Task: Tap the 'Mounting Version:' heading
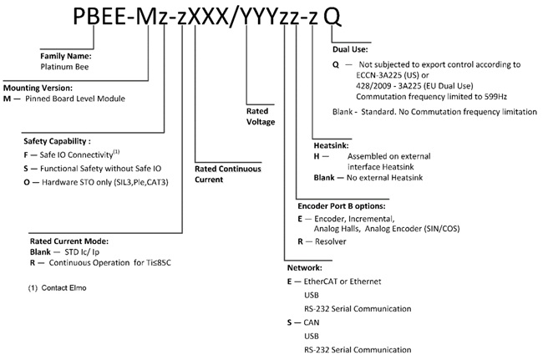click(38, 88)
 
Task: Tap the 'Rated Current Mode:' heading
click(69, 241)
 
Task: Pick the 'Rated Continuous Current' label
click(227, 174)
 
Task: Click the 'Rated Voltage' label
click(260, 116)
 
